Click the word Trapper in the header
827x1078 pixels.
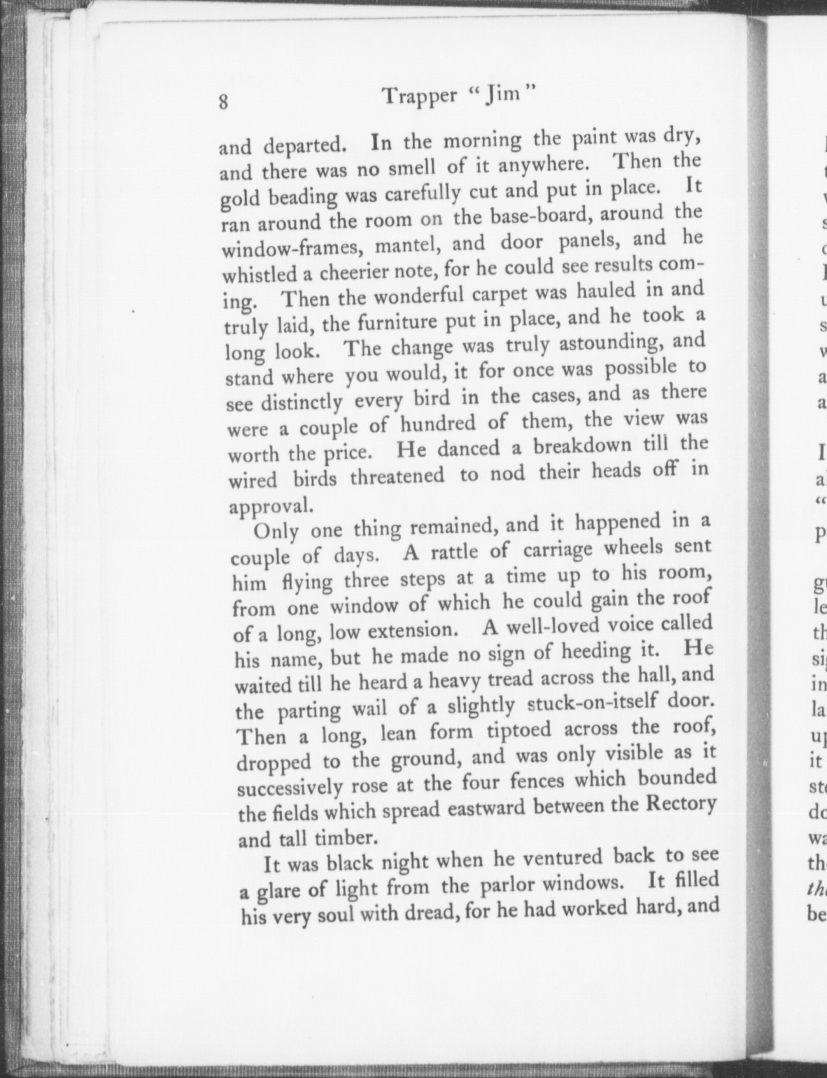tap(421, 96)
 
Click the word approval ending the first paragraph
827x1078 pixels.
tap(271, 506)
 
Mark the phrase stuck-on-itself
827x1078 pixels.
tap(594, 704)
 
